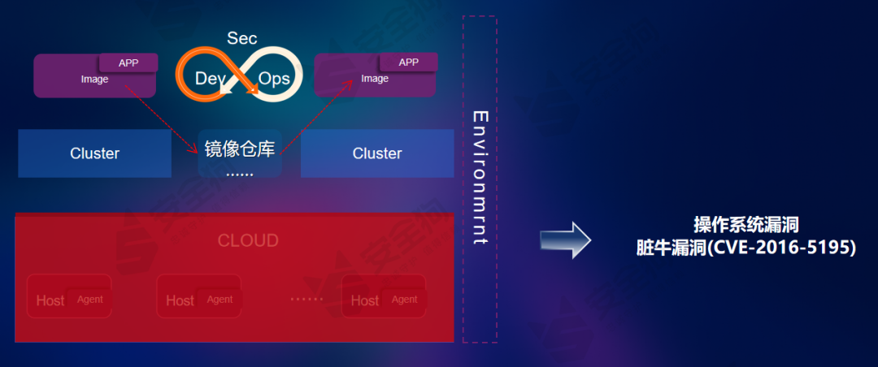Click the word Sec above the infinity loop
click(x=242, y=38)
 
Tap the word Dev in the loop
click(x=209, y=79)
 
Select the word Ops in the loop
click(x=274, y=79)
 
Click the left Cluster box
click(x=94, y=153)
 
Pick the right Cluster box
click(x=377, y=153)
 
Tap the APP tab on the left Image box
click(x=128, y=63)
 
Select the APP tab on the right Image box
click(x=409, y=63)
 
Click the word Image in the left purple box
click(x=94, y=80)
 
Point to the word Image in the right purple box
click(x=375, y=79)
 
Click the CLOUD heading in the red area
click(x=248, y=240)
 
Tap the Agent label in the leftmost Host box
click(x=90, y=299)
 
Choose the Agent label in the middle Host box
click(x=219, y=299)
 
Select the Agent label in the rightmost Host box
click(x=404, y=299)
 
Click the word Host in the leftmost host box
click(x=50, y=300)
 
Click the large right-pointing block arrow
click(x=566, y=240)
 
